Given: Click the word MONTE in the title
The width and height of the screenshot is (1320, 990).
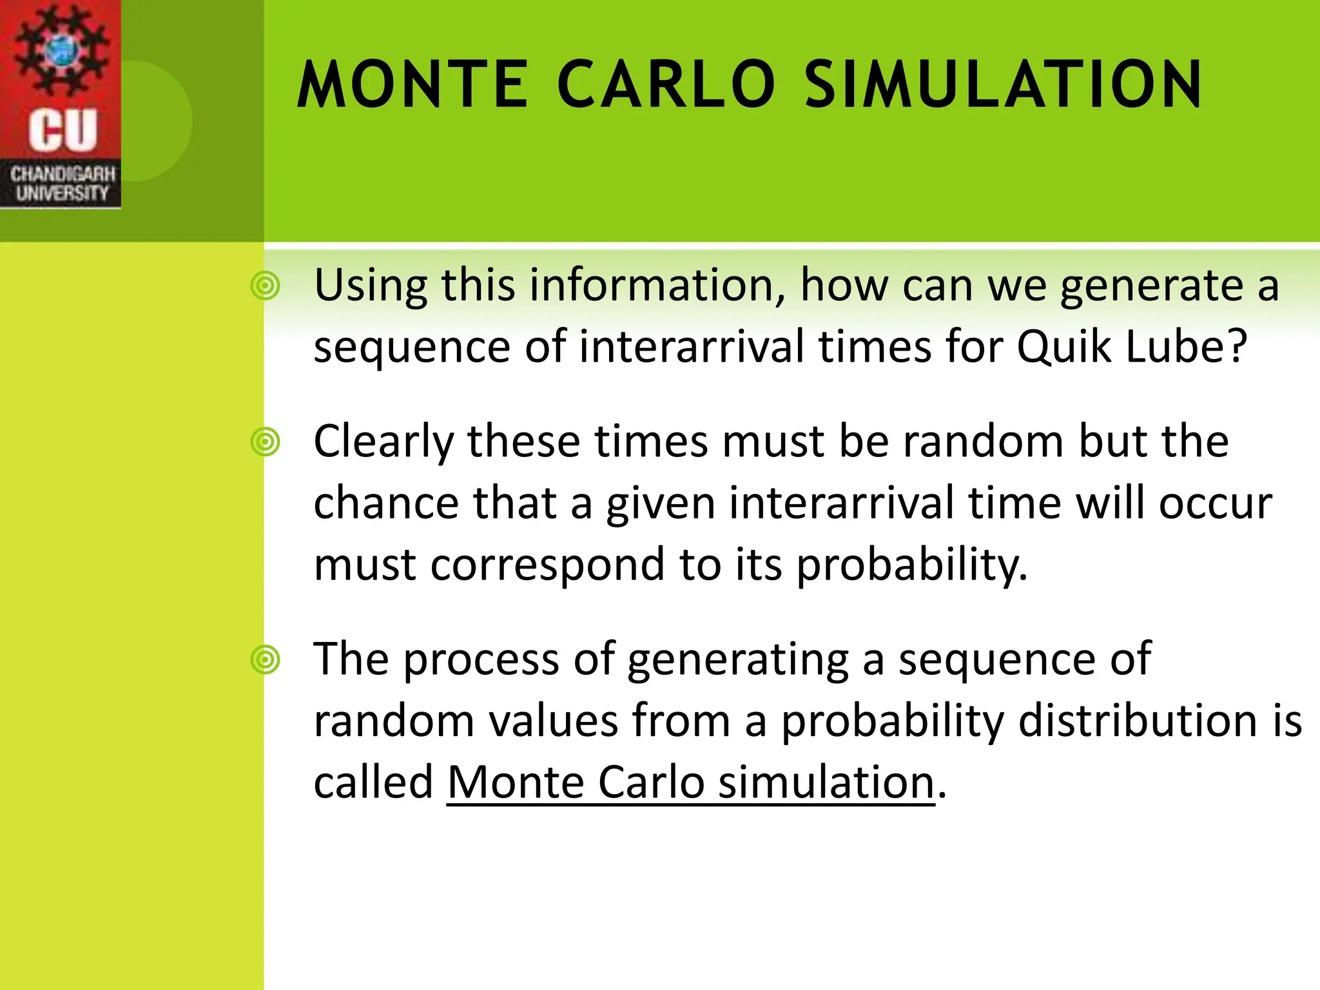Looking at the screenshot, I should point(412,85).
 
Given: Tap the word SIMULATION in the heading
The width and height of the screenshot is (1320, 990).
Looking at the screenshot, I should point(1003,85).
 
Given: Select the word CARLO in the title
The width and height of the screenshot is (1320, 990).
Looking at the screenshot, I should point(665,85).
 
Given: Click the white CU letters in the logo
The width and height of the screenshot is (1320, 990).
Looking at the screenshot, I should point(63,130).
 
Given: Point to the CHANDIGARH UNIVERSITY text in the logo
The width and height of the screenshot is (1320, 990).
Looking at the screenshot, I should point(62,184).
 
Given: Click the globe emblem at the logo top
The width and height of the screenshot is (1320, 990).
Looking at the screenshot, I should point(61,48).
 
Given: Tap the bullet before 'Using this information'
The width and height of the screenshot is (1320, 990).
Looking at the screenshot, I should point(265,286).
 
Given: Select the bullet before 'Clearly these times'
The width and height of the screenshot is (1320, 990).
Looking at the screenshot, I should point(265,442).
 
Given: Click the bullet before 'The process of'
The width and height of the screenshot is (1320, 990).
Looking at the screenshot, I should point(265,660).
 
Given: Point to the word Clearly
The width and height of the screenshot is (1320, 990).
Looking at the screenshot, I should point(384,443).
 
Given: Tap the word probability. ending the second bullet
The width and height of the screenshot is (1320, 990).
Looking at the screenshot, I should point(911,565).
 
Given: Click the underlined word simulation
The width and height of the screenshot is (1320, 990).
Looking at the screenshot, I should point(826,782).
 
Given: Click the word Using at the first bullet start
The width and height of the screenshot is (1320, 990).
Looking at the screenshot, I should point(371,286).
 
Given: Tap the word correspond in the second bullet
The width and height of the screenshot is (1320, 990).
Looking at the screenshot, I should point(547,565).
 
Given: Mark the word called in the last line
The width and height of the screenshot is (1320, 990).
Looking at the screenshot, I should point(373,782).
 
